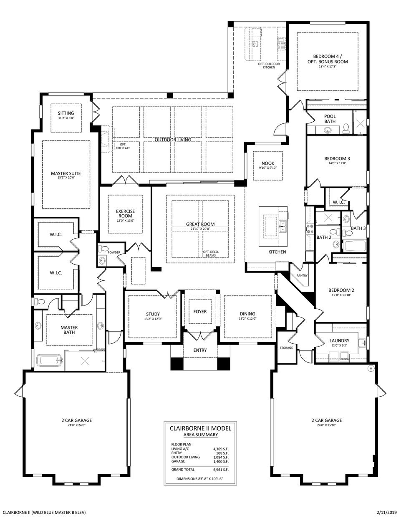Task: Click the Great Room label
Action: [200, 224]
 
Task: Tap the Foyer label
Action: [200, 312]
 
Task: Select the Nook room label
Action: [267, 163]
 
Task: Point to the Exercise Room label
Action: [125, 214]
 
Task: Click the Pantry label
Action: [302, 276]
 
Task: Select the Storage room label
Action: [286, 348]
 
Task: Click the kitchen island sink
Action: [283, 227]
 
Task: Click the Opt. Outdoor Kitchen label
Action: [269, 65]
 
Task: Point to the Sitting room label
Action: [66, 113]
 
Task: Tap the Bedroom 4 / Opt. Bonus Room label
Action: [328, 59]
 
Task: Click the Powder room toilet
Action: [102, 250]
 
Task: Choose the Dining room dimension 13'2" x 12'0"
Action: [247, 319]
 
